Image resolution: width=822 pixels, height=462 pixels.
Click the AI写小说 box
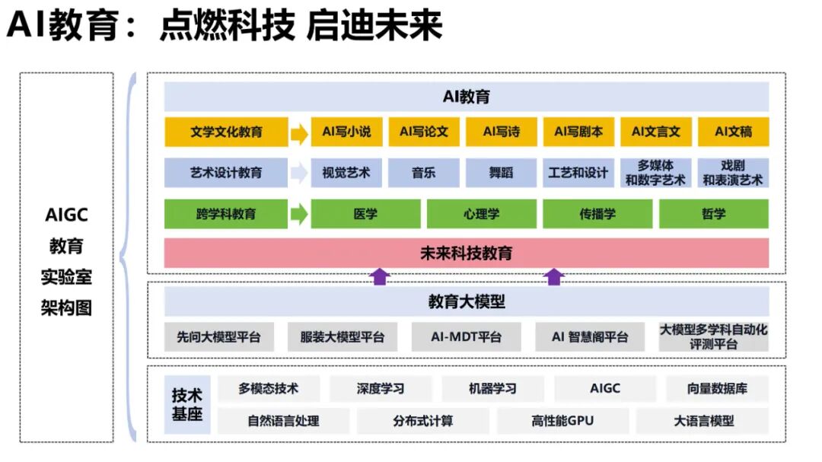pyautogui.click(x=346, y=132)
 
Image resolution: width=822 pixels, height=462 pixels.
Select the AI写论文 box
pyautogui.click(x=424, y=132)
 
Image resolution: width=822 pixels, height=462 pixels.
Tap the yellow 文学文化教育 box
pyautogui.click(x=226, y=132)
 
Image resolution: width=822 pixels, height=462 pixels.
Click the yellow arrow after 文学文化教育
pyautogui.click(x=299, y=133)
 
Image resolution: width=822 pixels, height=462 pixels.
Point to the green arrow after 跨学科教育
pyautogui.click(x=299, y=214)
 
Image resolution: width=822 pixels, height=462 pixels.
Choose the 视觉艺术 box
pyautogui.click(x=346, y=173)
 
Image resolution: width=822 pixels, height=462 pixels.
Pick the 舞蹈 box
pyautogui.click(x=501, y=173)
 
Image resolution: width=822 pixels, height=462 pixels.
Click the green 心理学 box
pyautogui.click(x=482, y=214)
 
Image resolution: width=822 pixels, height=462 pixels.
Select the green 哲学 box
pyautogui.click(x=714, y=214)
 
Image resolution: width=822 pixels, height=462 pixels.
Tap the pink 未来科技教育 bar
pyautogui.click(x=467, y=253)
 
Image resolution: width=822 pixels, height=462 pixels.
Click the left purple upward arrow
pyautogui.click(x=380, y=276)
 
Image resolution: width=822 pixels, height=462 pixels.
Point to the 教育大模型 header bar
pyautogui.click(x=467, y=301)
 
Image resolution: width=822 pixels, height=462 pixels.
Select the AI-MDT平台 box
pyautogui.click(x=467, y=336)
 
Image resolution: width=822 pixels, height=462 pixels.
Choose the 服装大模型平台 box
pyautogui.click(x=342, y=336)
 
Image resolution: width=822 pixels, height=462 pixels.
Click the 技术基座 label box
pyautogui.click(x=187, y=405)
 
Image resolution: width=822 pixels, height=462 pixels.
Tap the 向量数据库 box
pyautogui.click(x=717, y=388)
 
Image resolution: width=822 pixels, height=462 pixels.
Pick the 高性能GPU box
pyautogui.click(x=562, y=420)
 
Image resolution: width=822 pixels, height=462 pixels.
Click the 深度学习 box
pyautogui.click(x=381, y=388)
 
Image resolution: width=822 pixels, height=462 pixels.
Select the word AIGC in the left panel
pyautogui.click(x=66, y=215)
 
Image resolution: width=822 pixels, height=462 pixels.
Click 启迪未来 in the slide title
pyautogui.click(x=374, y=26)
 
